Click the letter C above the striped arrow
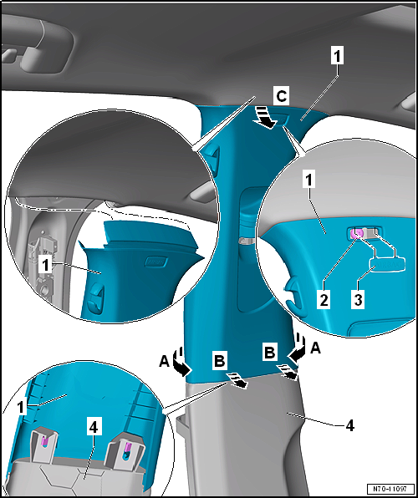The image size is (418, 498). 281,97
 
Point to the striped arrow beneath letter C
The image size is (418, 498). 264,118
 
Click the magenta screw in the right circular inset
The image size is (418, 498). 357,234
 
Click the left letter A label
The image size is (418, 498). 165,362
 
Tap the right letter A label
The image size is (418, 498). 314,349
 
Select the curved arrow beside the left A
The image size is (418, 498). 181,362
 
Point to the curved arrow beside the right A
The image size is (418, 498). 297,348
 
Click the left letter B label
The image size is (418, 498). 219,361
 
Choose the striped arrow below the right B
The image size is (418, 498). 288,372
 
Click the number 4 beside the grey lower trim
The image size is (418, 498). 349,425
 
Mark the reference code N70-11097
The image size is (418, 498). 391,488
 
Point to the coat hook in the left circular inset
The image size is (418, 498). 96,299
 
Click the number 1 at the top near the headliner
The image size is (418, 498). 337,57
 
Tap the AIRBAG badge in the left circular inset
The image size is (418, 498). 156,262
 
